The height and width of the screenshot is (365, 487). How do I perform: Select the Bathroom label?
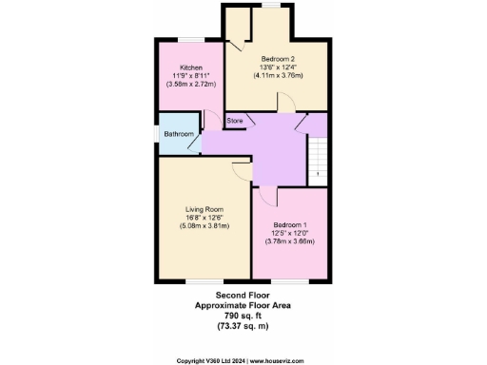click(x=178, y=134)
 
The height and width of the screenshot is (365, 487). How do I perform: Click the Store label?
click(x=235, y=121)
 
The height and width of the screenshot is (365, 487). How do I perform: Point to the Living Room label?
click(x=205, y=209)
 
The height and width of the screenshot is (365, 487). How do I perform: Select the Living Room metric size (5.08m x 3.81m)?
click(x=205, y=225)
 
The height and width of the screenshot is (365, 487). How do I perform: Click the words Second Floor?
click(x=243, y=297)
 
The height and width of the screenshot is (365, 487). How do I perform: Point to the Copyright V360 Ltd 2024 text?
click(x=212, y=360)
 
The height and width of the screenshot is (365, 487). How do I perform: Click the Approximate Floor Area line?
click(x=243, y=305)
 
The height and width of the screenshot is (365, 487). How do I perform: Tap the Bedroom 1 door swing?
click(x=268, y=196)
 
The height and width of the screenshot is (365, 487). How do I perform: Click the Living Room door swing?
click(x=241, y=169)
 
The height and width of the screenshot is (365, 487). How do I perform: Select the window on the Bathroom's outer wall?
click(x=158, y=133)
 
